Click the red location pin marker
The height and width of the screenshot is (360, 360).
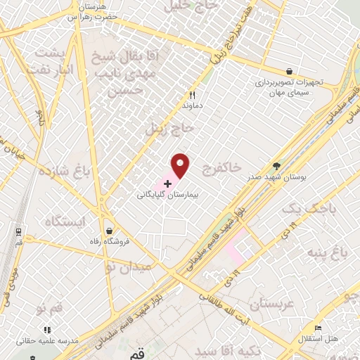coord(181,165)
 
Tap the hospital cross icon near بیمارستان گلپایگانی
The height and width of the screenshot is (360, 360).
coord(167,183)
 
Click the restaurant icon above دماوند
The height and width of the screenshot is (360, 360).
coord(191,96)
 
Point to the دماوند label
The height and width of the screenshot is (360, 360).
coord(191,105)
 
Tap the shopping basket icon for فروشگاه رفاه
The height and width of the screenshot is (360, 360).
coord(109,230)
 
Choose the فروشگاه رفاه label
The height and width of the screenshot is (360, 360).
coord(109,240)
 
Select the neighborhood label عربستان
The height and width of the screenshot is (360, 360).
coord(260,304)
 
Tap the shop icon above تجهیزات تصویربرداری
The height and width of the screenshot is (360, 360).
coord(289,71)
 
